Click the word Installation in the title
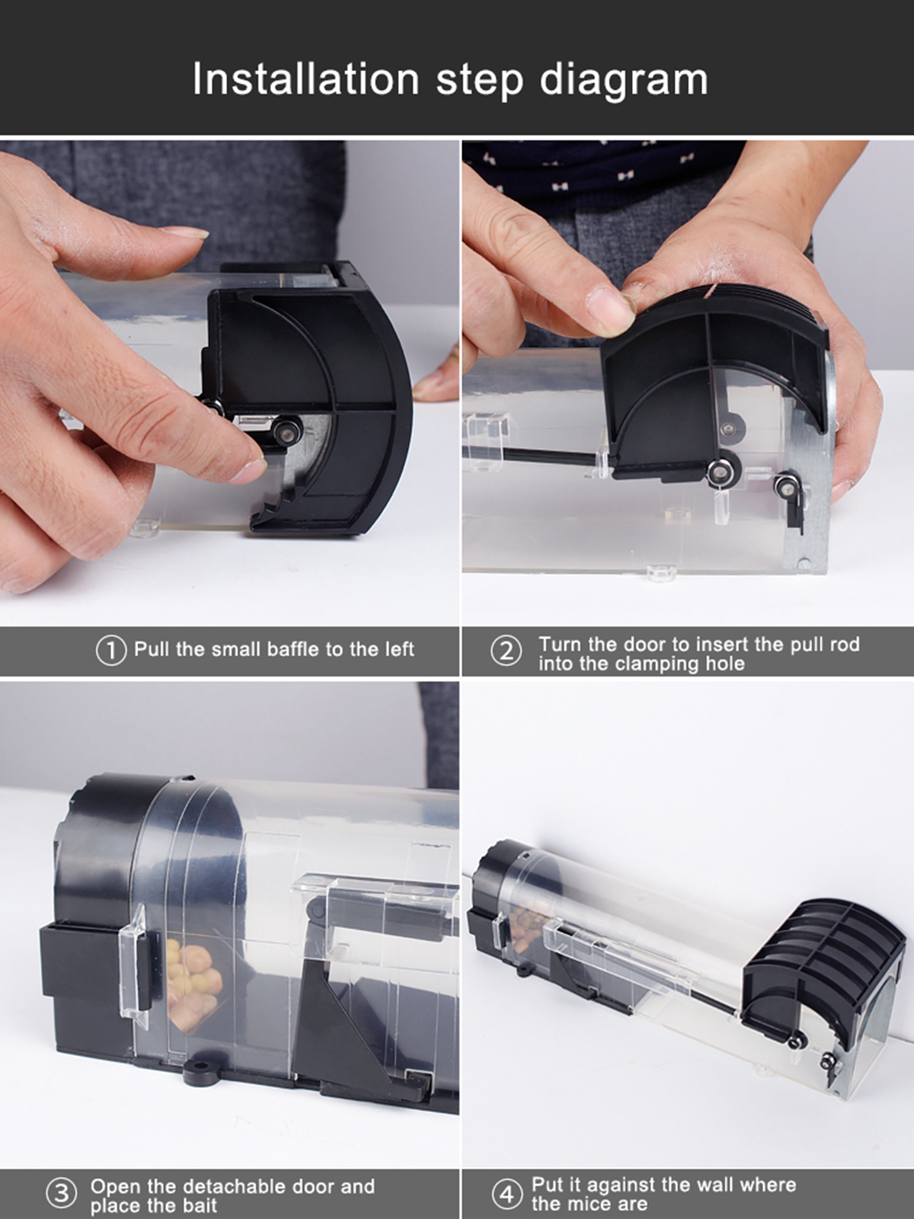click(305, 79)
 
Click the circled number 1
click(111, 651)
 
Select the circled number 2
click(506, 651)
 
